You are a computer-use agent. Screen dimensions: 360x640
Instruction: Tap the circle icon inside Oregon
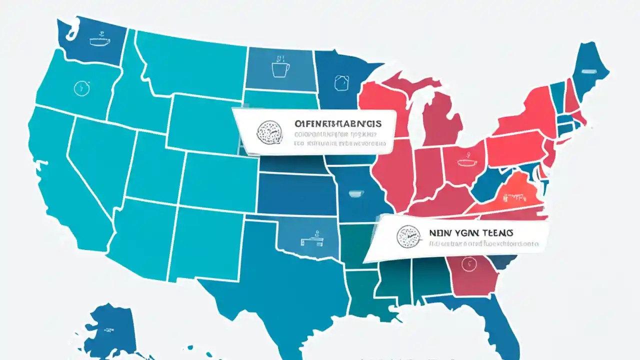tap(80, 88)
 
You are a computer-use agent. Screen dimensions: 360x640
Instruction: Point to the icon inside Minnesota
tap(342, 82)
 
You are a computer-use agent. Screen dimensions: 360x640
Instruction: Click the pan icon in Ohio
tap(464, 162)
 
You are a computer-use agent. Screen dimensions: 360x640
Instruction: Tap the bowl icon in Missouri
tap(355, 193)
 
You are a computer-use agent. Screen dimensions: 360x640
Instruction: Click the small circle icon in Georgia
tap(468, 262)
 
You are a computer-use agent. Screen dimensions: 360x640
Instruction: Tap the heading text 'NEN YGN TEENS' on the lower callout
tap(470, 233)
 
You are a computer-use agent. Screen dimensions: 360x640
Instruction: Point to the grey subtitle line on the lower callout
tap(483, 245)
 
